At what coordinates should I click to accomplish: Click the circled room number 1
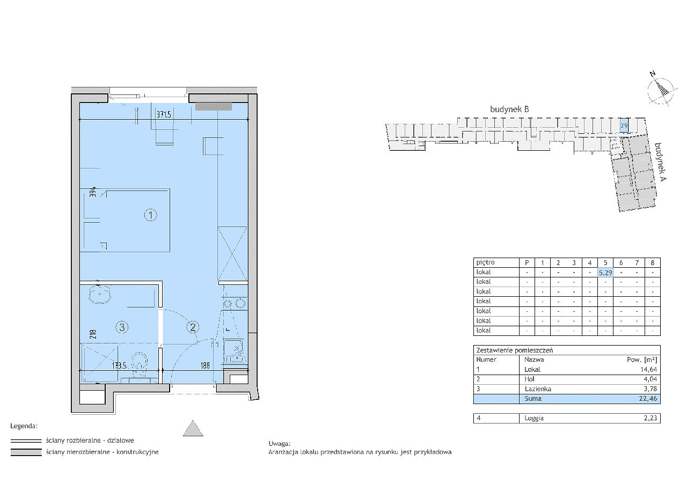[150, 215]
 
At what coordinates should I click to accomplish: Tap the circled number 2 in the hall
[193, 327]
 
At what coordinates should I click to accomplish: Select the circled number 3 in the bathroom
[122, 327]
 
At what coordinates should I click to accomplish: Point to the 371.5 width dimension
[164, 115]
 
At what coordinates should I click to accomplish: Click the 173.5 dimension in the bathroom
[120, 365]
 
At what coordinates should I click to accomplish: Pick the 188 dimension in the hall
[205, 365]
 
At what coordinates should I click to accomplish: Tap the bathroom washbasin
[99, 294]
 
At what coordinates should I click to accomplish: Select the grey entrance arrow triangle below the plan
[193, 428]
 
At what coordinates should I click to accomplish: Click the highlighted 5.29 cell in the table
[605, 273]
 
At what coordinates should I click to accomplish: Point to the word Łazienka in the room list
[538, 389]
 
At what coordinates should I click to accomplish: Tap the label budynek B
[509, 109]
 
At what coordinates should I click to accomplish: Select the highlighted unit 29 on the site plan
[624, 126]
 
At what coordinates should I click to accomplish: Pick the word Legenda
[24, 426]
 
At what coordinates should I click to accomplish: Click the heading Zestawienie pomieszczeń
[514, 350]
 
